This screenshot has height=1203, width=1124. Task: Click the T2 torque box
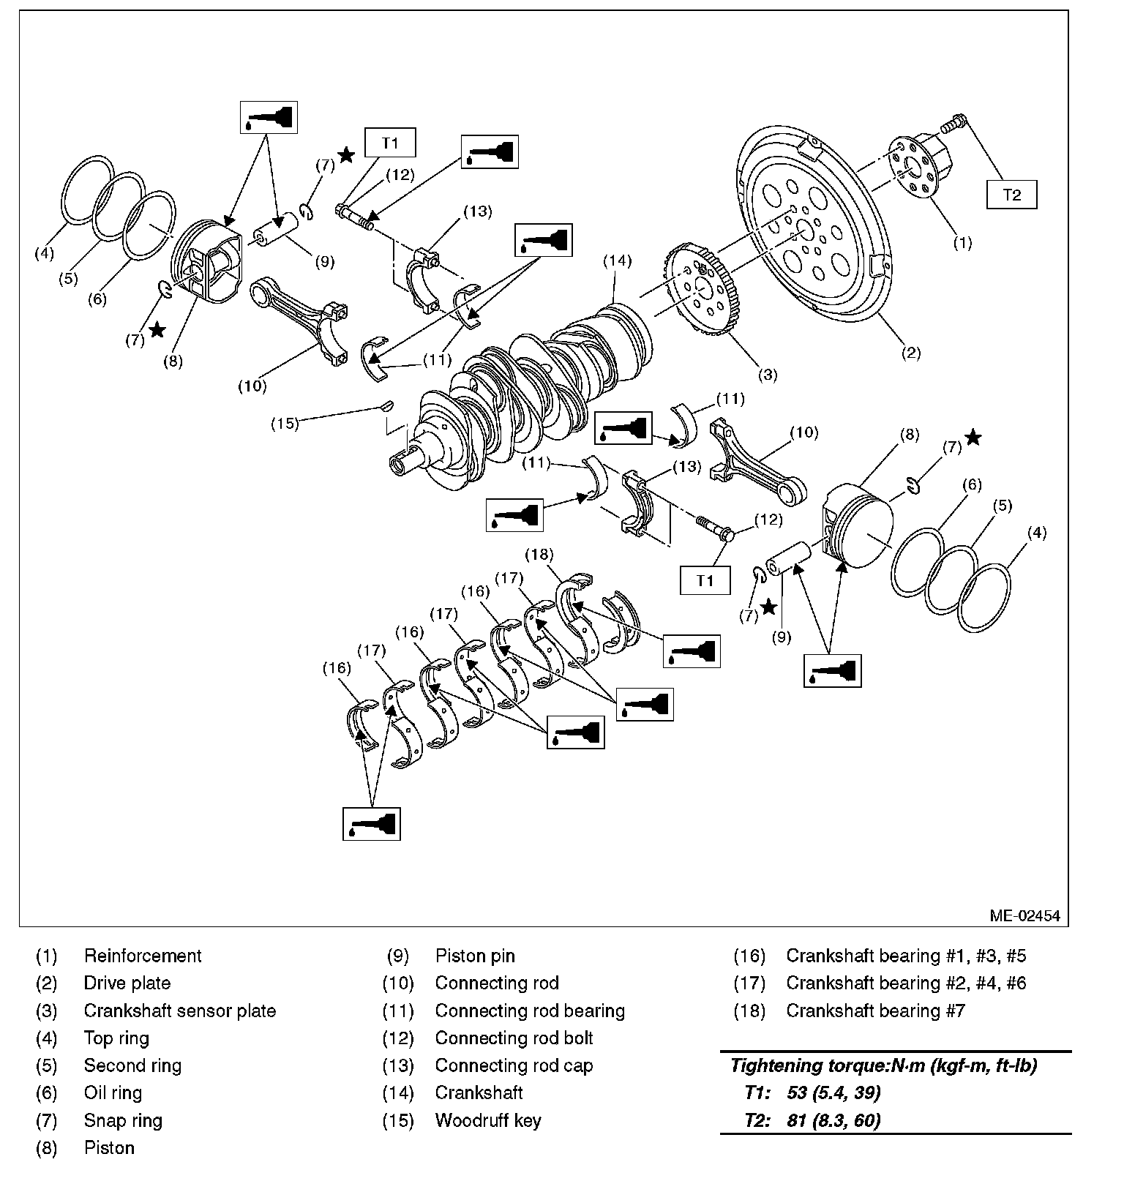pyautogui.click(x=1011, y=195)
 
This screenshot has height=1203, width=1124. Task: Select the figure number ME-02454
pyautogui.click(x=1024, y=915)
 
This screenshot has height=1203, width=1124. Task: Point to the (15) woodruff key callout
pyautogui.click(x=285, y=423)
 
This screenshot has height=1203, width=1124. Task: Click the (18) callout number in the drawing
pyautogui.click(x=539, y=554)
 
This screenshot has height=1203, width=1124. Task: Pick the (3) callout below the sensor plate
pyautogui.click(x=767, y=375)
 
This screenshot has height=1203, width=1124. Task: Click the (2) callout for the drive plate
pyautogui.click(x=910, y=353)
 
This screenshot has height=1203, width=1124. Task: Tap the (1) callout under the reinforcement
pyautogui.click(x=963, y=243)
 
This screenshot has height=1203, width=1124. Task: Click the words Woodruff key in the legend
pyautogui.click(x=487, y=1120)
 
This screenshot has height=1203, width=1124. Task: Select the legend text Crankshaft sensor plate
pyautogui.click(x=179, y=1011)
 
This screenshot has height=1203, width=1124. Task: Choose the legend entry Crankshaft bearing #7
pyautogui.click(x=875, y=1011)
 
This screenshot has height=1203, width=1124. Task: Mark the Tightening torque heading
pyautogui.click(x=883, y=1065)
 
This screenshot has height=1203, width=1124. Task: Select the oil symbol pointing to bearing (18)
pyautogui.click(x=692, y=651)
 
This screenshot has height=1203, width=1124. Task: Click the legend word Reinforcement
pyautogui.click(x=143, y=956)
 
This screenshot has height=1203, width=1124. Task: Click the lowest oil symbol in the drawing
pyautogui.click(x=372, y=824)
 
